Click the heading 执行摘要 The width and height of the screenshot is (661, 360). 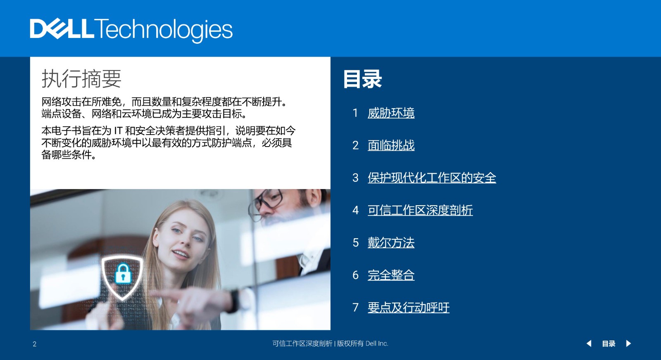(81, 78)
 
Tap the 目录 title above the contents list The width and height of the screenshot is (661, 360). (362, 79)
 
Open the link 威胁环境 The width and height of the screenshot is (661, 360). (391, 113)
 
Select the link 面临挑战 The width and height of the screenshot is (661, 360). (391, 145)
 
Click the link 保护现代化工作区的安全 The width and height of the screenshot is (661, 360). (432, 178)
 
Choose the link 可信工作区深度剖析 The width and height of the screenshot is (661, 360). (420, 210)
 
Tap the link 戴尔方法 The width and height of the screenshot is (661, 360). (391, 243)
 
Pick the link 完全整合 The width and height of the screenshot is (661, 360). (391, 275)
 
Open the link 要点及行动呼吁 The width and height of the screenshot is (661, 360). (409, 308)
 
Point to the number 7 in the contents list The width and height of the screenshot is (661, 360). (356, 308)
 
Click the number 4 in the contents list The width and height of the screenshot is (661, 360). (356, 210)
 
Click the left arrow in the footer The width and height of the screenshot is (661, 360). (589, 343)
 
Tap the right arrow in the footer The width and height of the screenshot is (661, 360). (628, 343)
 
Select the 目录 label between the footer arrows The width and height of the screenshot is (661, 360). (609, 344)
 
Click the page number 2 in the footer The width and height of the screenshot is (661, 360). (35, 344)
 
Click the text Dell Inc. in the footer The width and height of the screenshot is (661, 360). (377, 343)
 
